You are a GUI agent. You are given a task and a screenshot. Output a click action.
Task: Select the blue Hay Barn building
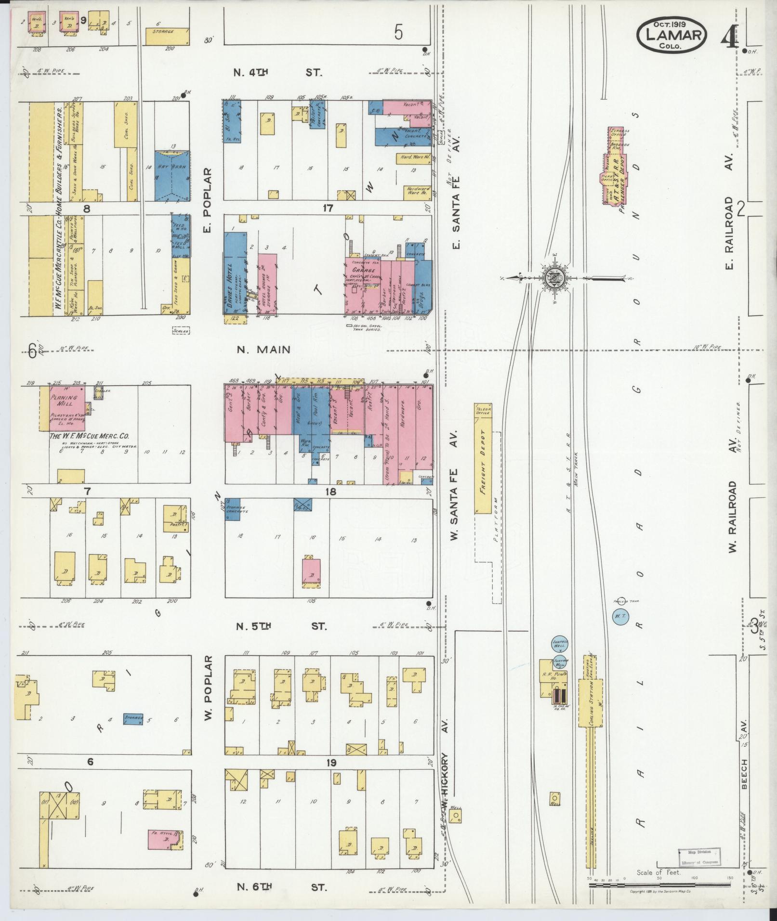click(172, 175)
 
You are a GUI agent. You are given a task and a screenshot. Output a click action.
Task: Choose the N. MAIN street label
click(263, 349)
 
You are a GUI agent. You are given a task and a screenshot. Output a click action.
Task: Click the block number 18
click(330, 492)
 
